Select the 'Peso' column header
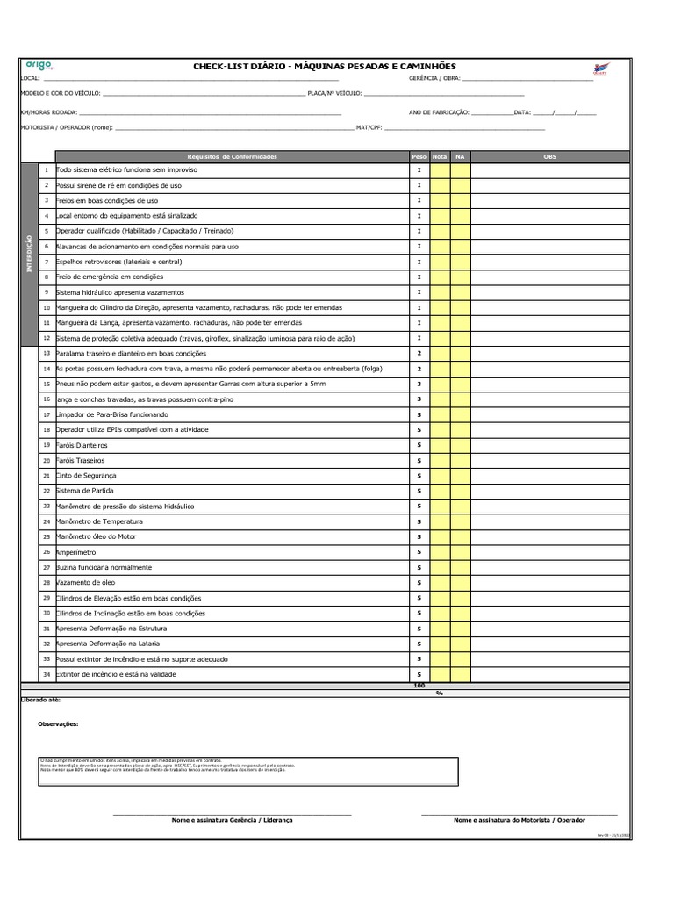point(419,156)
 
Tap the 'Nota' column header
point(440,156)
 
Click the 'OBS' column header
point(550,156)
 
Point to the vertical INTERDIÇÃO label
point(29,255)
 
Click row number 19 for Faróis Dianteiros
point(47,445)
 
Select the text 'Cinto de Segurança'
point(85,475)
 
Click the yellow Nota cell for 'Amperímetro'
point(440,552)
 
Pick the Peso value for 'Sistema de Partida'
point(419,491)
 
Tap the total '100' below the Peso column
point(419,685)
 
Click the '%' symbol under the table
point(440,693)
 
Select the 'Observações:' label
point(58,724)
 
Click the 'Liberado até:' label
point(40,701)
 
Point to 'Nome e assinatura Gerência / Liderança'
point(233,819)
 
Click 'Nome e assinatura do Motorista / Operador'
point(519,819)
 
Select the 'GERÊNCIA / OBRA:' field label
point(434,79)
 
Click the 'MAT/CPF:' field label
point(369,128)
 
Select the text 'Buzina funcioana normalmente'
point(104,567)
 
